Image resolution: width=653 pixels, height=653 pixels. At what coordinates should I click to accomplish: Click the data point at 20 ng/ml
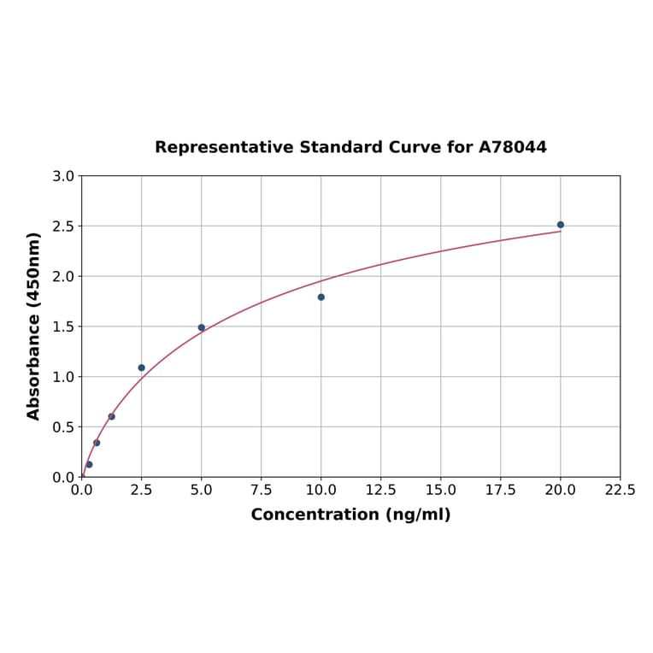pyautogui.click(x=561, y=225)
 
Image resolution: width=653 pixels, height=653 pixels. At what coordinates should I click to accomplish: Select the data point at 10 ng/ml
pyautogui.click(x=321, y=297)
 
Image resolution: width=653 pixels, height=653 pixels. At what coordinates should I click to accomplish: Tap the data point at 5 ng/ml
pyautogui.click(x=202, y=327)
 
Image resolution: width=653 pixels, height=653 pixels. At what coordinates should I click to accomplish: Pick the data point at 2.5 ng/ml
pyautogui.click(x=142, y=368)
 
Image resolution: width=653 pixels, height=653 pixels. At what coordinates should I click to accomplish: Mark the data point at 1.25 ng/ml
pyautogui.click(x=112, y=416)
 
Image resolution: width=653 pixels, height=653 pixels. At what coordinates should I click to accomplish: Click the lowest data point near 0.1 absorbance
pyautogui.click(x=89, y=464)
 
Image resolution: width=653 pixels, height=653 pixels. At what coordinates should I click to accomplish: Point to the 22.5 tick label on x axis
pyautogui.click(x=620, y=491)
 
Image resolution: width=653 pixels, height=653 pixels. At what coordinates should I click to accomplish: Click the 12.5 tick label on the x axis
pyautogui.click(x=381, y=491)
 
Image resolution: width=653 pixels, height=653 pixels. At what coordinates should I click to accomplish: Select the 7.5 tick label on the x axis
pyautogui.click(x=262, y=491)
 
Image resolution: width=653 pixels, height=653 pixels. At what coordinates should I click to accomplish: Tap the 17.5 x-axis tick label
pyautogui.click(x=501, y=491)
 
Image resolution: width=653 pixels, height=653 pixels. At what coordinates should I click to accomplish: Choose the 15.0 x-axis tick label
pyautogui.click(x=441, y=491)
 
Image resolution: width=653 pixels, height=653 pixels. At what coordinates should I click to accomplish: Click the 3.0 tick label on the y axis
pyautogui.click(x=64, y=176)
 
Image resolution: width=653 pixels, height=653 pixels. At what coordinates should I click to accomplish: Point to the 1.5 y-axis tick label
pyautogui.click(x=64, y=326)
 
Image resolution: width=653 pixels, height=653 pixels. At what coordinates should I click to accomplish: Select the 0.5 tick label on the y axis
pyautogui.click(x=64, y=427)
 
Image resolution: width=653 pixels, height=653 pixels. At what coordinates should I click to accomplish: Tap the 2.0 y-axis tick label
pyautogui.click(x=64, y=277)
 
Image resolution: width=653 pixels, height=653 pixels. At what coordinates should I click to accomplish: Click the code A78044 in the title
pyautogui.click(x=512, y=147)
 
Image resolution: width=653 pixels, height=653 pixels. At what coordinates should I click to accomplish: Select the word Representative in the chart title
pyautogui.click(x=224, y=147)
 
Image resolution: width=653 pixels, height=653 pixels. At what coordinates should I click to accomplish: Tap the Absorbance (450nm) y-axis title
pyautogui.click(x=34, y=326)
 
